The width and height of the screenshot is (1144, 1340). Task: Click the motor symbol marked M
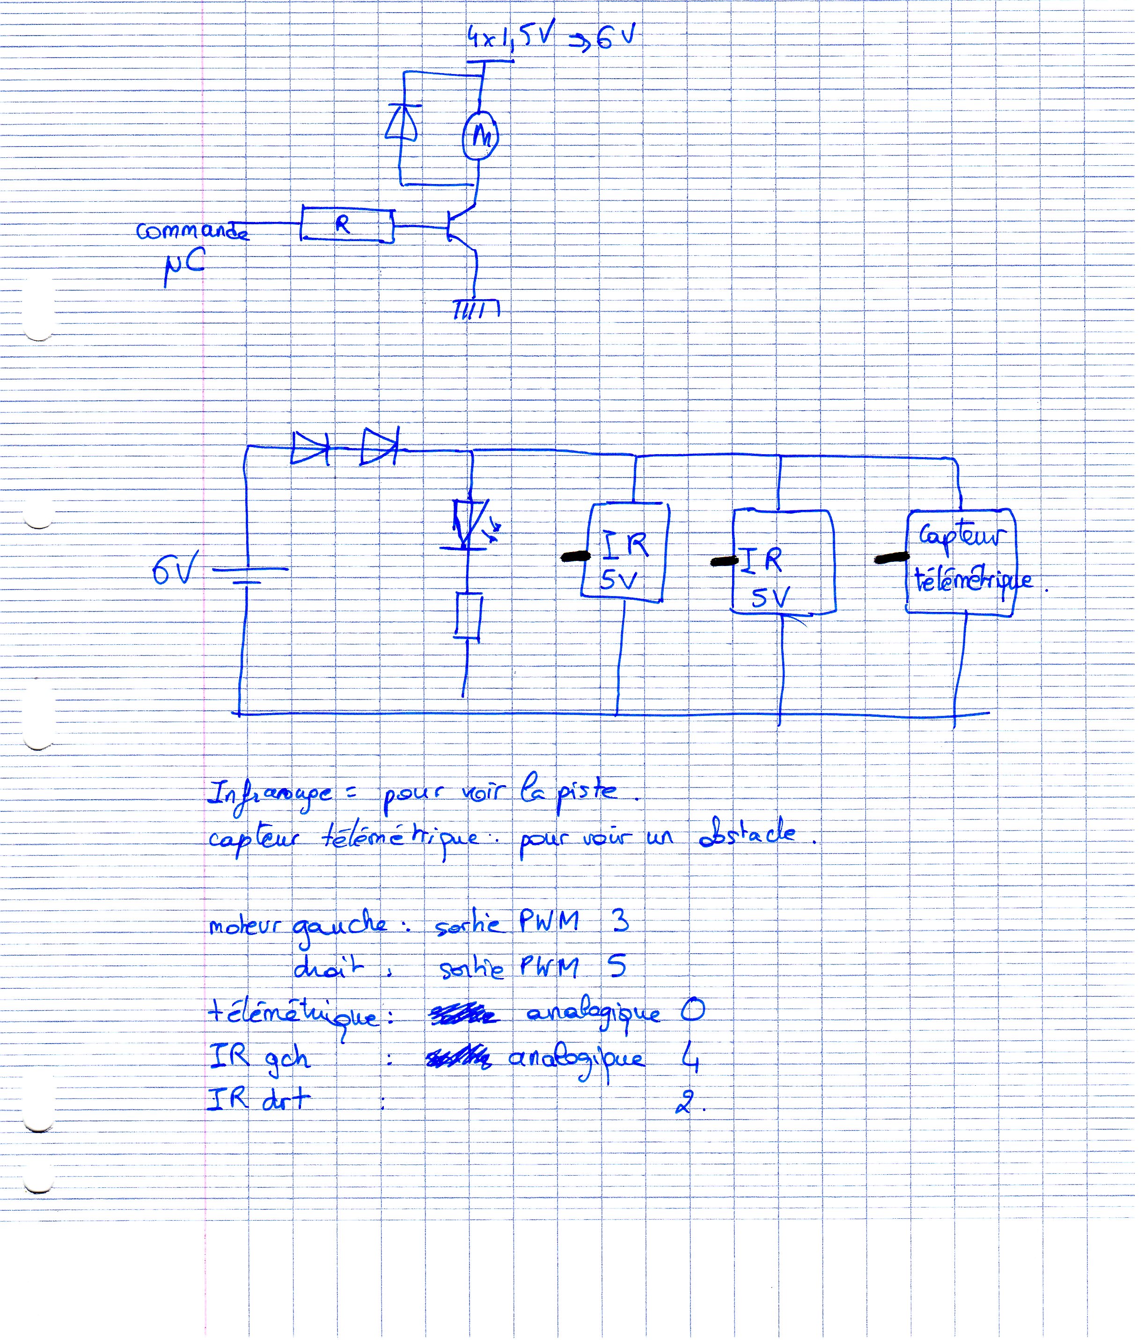coord(480,136)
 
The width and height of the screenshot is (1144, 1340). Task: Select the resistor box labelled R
coord(347,224)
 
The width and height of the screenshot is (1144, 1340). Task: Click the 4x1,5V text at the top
coord(511,37)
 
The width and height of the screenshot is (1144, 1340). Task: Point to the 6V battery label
coord(173,570)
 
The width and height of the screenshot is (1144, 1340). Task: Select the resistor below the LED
coord(468,616)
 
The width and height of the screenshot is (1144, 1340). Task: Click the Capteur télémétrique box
coord(961,561)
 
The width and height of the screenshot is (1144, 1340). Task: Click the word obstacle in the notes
coord(747,834)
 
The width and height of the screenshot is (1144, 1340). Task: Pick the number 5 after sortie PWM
coord(617,966)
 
